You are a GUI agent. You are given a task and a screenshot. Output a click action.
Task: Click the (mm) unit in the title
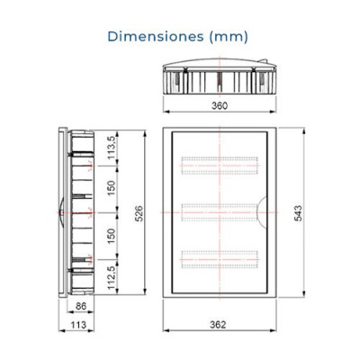[227, 37]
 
